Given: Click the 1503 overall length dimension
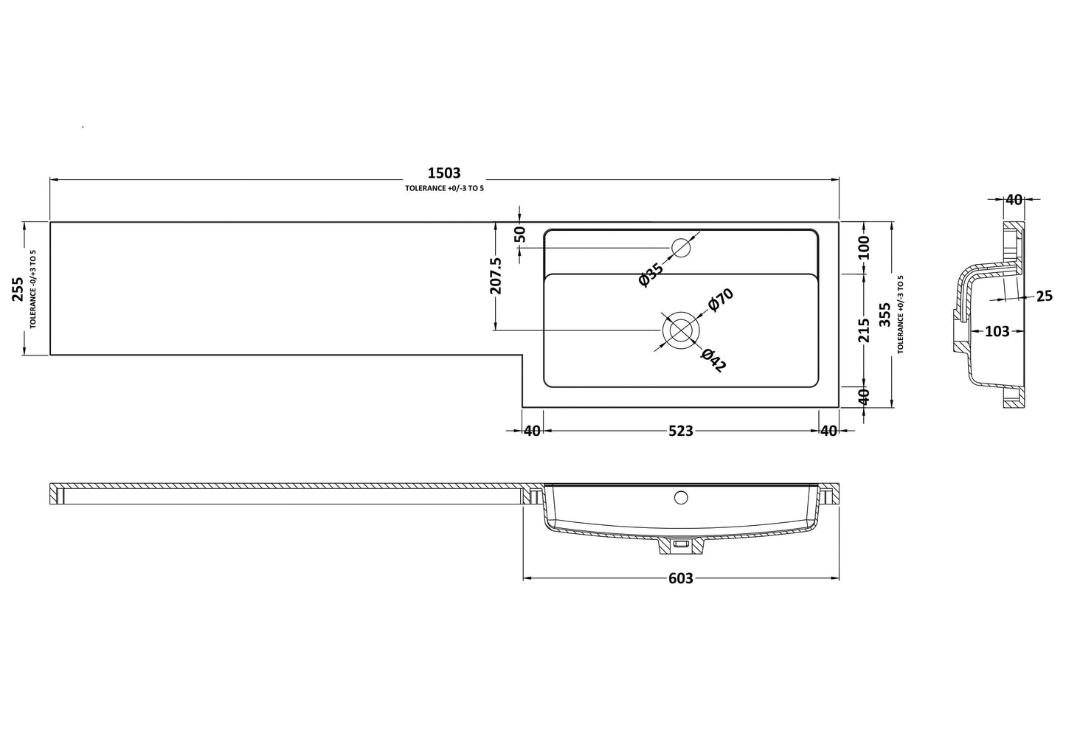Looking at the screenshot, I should (x=444, y=173).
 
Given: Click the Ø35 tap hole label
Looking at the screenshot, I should (x=651, y=274).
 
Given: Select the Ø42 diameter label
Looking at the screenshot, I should (x=713, y=359).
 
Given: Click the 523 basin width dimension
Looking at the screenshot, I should (x=680, y=431).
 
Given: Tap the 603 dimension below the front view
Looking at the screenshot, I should (x=680, y=579).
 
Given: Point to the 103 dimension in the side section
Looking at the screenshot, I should (x=997, y=332).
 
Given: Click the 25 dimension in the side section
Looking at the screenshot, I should (x=1044, y=296).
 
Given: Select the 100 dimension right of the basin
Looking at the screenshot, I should (x=865, y=247).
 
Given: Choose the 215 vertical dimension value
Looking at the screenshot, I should (x=865, y=330).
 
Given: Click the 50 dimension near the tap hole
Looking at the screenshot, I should (x=520, y=235).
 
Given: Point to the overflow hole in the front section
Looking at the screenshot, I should (x=680, y=497).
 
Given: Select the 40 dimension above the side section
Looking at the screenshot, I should (x=1014, y=200).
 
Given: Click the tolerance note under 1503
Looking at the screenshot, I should (x=444, y=189).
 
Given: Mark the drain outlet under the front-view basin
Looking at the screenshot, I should (x=680, y=546).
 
